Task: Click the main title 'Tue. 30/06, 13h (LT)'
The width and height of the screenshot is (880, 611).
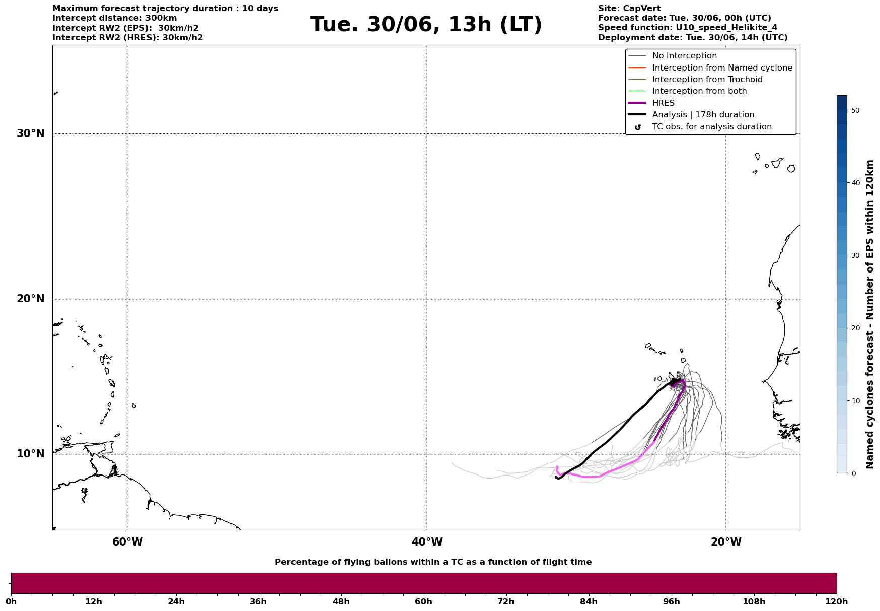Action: pyautogui.click(x=426, y=25)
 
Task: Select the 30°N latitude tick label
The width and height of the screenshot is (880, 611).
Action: pyautogui.click(x=31, y=133)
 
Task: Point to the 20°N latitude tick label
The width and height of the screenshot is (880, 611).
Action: pyautogui.click(x=31, y=299)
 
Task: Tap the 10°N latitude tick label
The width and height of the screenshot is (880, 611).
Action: pyautogui.click(x=31, y=454)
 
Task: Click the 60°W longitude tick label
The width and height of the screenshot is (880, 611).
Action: pyautogui.click(x=127, y=542)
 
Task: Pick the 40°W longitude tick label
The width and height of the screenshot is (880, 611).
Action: pyautogui.click(x=427, y=542)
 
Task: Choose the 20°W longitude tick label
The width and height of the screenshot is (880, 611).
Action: pyautogui.click(x=726, y=542)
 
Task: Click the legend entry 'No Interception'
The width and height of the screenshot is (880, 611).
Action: pyautogui.click(x=684, y=56)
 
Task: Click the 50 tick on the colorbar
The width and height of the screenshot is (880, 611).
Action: pyautogui.click(x=855, y=110)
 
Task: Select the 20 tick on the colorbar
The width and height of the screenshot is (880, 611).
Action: pyautogui.click(x=855, y=328)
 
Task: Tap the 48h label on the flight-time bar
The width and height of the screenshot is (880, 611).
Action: pyautogui.click(x=341, y=602)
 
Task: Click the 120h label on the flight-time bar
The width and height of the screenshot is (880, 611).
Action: pyautogui.click(x=836, y=602)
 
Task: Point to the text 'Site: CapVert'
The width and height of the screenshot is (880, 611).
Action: pyautogui.click(x=629, y=9)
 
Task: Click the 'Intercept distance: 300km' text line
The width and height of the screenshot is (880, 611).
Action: pyautogui.click(x=115, y=18)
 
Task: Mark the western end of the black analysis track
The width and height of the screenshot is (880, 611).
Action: pyautogui.click(x=556, y=477)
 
